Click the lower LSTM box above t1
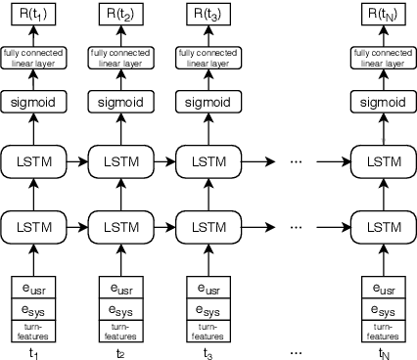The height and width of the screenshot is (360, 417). tap(33, 226)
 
